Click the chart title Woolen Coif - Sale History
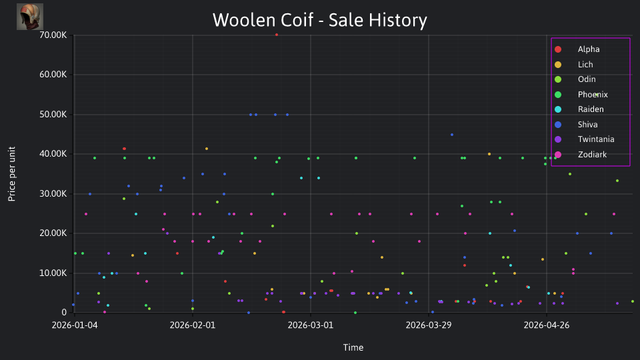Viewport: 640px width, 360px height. pos(320,20)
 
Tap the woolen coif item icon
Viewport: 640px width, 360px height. pos(30,17)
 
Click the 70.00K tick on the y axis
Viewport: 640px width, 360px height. pos(53,35)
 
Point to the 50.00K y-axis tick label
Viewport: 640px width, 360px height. pos(53,114)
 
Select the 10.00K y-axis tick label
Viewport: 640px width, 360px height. pos(53,273)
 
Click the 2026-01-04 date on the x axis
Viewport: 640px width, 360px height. pos(75,325)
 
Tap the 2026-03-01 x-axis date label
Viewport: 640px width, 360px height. pos(311,325)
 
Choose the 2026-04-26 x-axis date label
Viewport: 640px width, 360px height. pos(547,325)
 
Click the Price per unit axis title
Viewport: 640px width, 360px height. pos(11,174)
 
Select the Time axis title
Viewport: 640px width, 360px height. pos(353,347)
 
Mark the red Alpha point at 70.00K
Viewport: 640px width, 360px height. pos(277,35)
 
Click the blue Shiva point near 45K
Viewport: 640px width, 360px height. pos(452,135)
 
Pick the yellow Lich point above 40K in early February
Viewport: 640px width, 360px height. pos(207,149)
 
